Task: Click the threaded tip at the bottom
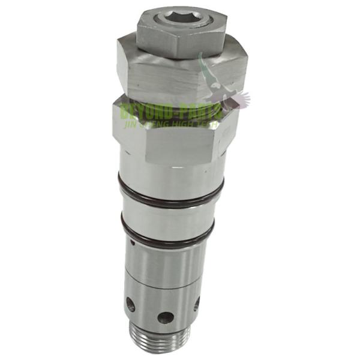(161, 340)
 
